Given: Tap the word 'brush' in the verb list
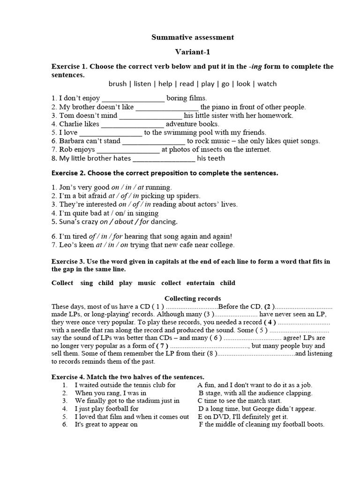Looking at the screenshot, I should [117, 84].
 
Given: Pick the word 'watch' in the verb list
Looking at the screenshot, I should [267, 84].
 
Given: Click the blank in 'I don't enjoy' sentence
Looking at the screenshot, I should [133, 98].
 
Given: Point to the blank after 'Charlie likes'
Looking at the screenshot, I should [133, 124].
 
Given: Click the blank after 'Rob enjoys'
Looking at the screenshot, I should [128, 150].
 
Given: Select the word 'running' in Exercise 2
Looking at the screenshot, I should [158, 187].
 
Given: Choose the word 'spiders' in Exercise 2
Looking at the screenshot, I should [189, 196].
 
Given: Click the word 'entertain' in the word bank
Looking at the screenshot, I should [200, 283].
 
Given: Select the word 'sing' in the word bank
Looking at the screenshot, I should [87, 283].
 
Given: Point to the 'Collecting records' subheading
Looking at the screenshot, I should [193, 299].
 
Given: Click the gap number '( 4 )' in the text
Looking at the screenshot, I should [270, 322].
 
